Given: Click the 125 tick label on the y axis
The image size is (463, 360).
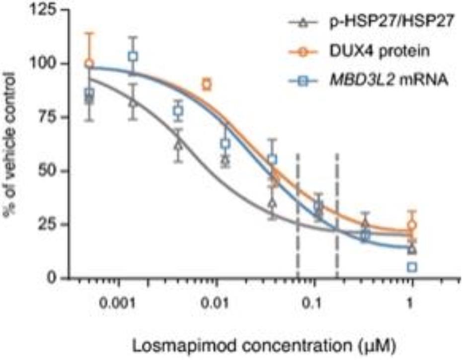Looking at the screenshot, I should tap(45, 10).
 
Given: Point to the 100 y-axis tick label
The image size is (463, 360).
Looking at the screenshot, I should tap(45, 64).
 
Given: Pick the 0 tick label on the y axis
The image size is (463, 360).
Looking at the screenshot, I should tap(53, 277).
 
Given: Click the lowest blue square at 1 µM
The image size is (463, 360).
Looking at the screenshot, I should tap(411, 267).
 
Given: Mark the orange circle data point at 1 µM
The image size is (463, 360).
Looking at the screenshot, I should tap(411, 225).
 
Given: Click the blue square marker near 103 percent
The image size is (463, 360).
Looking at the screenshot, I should tap(133, 56).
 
